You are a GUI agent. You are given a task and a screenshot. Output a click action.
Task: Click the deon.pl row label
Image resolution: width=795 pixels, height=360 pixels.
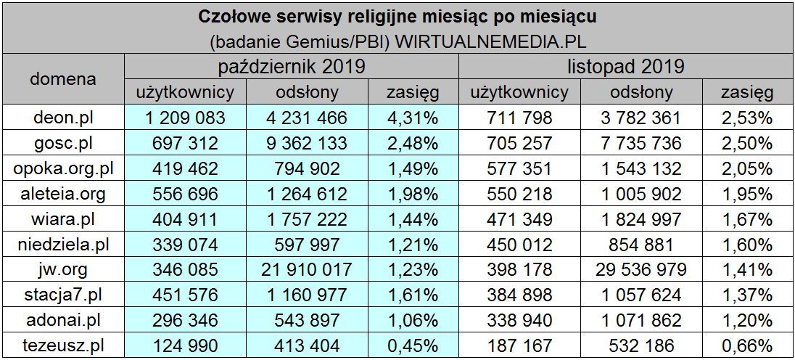[62, 117]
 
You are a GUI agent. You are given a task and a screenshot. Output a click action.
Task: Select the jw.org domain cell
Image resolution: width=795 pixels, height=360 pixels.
[62, 269]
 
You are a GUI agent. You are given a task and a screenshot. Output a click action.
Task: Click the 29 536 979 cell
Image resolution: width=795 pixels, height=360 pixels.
[640, 269]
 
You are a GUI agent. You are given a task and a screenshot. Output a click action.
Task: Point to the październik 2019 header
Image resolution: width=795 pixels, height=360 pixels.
[292, 67]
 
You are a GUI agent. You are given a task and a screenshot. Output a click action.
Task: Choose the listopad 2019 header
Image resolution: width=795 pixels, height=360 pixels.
[626, 67]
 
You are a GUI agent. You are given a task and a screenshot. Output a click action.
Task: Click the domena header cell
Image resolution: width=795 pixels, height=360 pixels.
[62, 79]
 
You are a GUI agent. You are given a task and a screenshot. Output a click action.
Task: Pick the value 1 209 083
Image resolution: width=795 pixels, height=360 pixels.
[186, 117]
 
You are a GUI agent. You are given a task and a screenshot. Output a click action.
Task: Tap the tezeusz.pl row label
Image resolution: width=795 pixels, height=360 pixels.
[62, 345]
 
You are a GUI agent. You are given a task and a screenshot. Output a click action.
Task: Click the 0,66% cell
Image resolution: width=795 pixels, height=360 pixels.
[746, 345]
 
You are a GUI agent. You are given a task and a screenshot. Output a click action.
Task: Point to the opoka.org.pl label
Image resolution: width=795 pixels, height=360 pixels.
[62, 168]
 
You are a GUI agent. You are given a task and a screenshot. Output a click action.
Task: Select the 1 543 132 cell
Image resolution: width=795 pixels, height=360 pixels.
[640, 168]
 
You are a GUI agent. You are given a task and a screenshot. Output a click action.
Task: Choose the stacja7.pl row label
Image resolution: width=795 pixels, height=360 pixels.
[62, 295]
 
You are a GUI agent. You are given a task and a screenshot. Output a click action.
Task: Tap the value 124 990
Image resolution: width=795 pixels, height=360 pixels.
[186, 345]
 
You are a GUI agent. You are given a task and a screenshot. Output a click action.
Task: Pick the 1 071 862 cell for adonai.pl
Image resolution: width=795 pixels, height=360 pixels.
[640, 320]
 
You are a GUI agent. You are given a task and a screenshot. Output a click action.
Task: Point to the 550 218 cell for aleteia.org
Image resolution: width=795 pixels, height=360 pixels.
[520, 193]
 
